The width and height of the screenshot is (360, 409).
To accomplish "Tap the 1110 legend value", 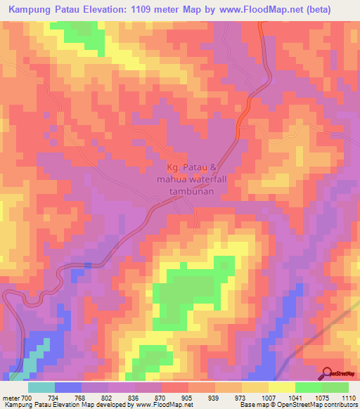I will [x=348, y=397].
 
